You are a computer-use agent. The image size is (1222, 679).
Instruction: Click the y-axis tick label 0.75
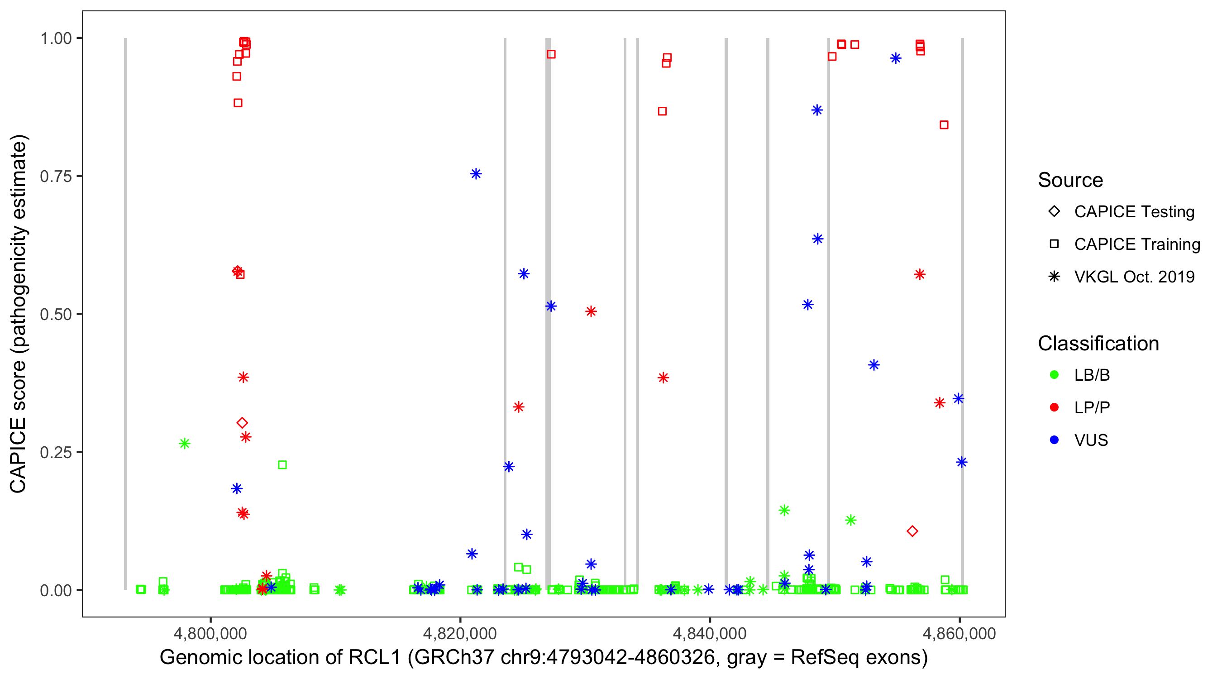coord(55,176)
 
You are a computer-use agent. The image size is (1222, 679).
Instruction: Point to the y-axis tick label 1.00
coord(55,38)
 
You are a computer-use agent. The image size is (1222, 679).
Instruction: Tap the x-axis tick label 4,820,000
coord(459,633)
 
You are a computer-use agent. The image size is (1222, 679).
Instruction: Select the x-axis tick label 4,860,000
coord(959,633)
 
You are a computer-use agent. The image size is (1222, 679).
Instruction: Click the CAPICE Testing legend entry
coord(1134,212)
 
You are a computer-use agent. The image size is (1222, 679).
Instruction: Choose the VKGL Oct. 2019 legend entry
coord(1134,277)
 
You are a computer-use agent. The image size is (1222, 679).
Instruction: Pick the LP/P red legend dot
coord(1054,407)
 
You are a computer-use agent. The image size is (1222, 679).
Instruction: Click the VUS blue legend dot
coord(1054,440)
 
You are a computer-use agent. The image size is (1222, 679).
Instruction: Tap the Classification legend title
coord(1098,344)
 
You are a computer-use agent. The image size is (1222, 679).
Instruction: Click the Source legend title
coord(1070,180)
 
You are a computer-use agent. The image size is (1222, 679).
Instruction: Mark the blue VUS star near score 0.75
coord(476,174)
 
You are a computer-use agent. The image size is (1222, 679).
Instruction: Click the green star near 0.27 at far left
coord(185,443)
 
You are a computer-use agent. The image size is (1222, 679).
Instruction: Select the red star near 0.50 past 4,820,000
coord(591,311)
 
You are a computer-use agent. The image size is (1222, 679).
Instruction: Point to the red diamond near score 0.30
coord(242,422)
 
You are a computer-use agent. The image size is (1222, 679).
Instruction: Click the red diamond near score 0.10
coord(912,531)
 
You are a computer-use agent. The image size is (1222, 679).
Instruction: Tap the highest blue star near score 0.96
coord(895,58)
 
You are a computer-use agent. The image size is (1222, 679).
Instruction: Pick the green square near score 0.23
coord(282,464)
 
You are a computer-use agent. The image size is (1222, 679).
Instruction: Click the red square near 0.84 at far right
coord(944,125)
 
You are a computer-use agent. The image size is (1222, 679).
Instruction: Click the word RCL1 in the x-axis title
coord(374,658)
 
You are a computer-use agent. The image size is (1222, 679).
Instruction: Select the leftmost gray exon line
coord(125,313)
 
